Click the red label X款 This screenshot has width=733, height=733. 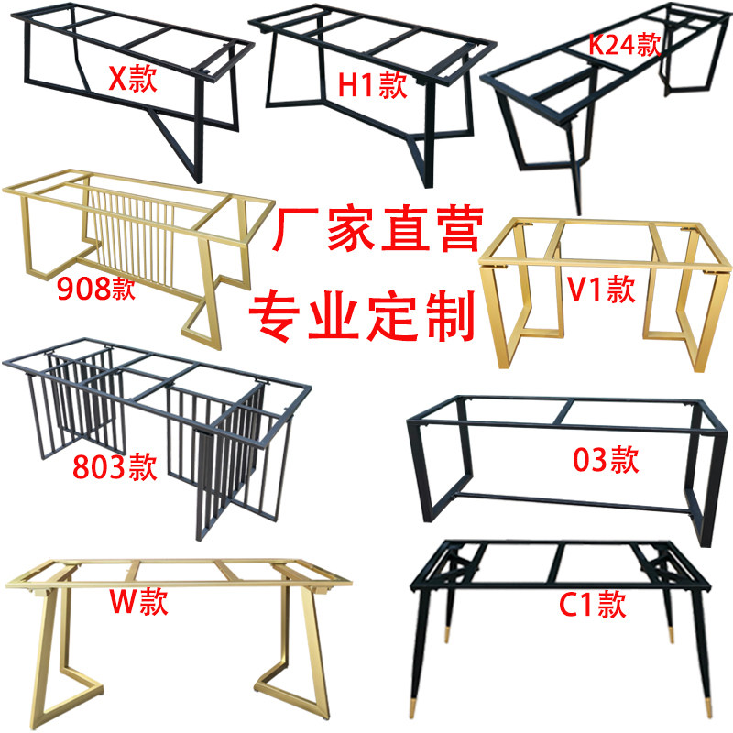133,80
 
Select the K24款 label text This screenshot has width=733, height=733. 622,45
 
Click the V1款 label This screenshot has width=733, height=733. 601,290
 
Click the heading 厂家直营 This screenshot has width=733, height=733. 377,233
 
